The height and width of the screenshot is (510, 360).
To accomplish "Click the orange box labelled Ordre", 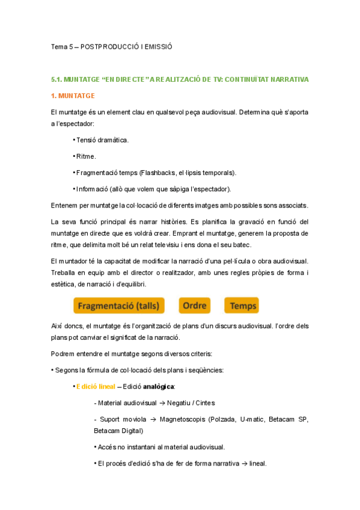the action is (x=195, y=306).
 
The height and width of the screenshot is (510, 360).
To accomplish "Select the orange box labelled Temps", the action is (x=243, y=306).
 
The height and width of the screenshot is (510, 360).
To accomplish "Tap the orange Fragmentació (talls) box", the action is (x=119, y=306).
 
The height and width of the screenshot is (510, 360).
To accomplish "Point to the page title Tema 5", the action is (x=62, y=46).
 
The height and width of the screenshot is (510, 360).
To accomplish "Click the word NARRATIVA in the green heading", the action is (x=286, y=79).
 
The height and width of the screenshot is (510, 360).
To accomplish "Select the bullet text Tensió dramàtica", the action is (x=103, y=140).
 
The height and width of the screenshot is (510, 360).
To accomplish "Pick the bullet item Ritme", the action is (x=87, y=156).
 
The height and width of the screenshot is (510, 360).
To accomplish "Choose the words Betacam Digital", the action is (x=115, y=431).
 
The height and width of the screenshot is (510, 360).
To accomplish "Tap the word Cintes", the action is (x=204, y=402).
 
